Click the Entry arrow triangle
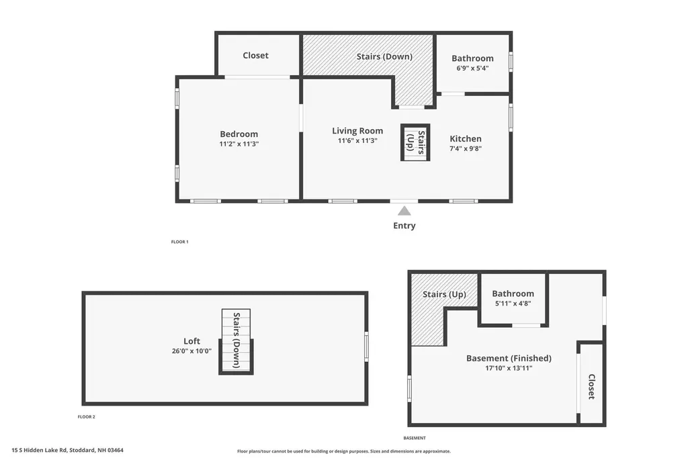pyautogui.click(x=404, y=212)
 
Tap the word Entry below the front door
pyautogui.click(x=404, y=226)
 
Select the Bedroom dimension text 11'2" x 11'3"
pyautogui.click(x=239, y=144)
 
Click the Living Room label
pyautogui.click(x=357, y=131)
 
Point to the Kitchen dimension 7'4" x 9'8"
pyautogui.click(x=466, y=148)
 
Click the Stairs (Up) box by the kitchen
pyautogui.click(x=415, y=142)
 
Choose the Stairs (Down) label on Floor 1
pyautogui.click(x=384, y=56)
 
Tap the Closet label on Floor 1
pyautogui.click(x=255, y=55)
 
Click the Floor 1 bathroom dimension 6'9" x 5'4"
pyautogui.click(x=472, y=68)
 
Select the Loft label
pyautogui.click(x=191, y=341)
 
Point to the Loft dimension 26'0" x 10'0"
pyautogui.click(x=191, y=351)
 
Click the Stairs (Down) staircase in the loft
pyautogui.click(x=236, y=342)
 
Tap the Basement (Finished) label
pyautogui.click(x=509, y=358)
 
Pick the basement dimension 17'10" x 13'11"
pyautogui.click(x=509, y=368)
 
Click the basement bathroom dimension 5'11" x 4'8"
pyautogui.click(x=513, y=303)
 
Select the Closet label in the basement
pyautogui.click(x=591, y=387)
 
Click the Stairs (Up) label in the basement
pyautogui.click(x=444, y=294)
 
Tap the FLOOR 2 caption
pyautogui.click(x=87, y=417)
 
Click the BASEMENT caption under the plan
pyautogui.click(x=415, y=438)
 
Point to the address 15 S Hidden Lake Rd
pyautogui.click(x=40, y=450)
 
